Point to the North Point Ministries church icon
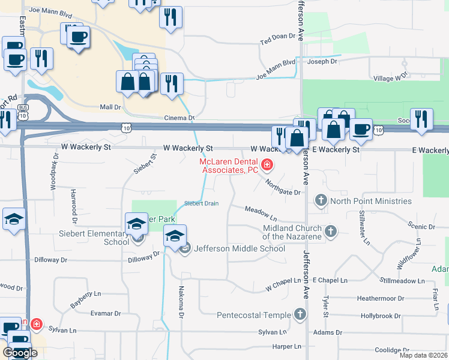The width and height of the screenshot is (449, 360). coord(321,201)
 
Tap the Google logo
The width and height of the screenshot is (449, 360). coord(20,353)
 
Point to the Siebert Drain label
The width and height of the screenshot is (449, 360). coord(201,203)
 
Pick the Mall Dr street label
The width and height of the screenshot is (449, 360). coord(110,107)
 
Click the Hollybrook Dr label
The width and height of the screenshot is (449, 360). coord(381,316)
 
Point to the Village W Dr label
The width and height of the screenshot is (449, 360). coord(390,77)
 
